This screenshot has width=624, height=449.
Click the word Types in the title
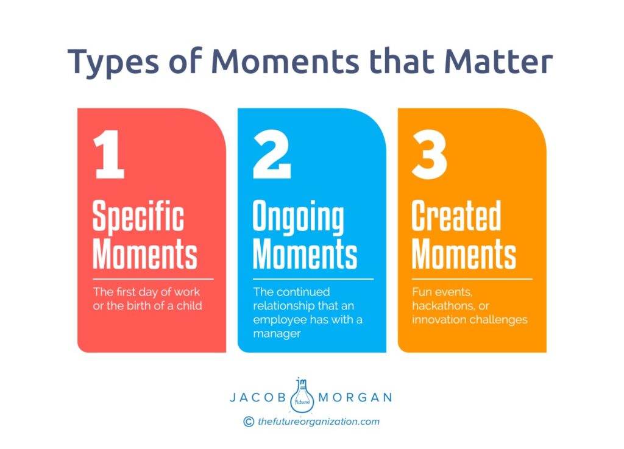click(x=113, y=63)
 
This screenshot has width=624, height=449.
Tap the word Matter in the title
click(x=498, y=62)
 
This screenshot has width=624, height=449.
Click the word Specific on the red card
click(x=138, y=217)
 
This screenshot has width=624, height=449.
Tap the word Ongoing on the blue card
click(x=299, y=217)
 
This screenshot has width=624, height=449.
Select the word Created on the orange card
click(x=456, y=215)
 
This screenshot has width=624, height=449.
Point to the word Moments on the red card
click(x=145, y=254)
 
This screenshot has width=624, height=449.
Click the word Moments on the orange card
click(x=464, y=254)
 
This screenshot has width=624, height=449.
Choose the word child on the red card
click(x=190, y=305)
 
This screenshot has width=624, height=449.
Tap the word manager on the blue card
click(x=277, y=333)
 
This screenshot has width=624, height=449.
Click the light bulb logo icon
click(x=302, y=395)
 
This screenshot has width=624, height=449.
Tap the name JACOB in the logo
click(x=258, y=397)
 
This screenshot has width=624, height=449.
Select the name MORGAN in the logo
click(x=355, y=397)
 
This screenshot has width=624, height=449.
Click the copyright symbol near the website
click(x=249, y=422)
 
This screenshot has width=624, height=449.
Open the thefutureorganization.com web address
click(x=318, y=422)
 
